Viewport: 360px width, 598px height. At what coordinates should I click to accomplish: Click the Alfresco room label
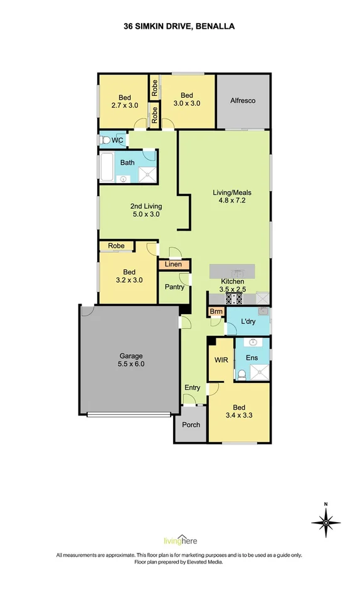(243, 100)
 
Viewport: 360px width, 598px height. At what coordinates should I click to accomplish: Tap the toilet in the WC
(104, 140)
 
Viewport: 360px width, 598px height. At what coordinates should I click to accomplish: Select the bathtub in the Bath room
(107, 167)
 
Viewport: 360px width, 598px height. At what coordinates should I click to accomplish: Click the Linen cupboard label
(173, 265)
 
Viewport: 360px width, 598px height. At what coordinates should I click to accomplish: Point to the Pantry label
(174, 287)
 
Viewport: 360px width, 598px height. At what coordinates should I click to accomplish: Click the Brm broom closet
(216, 312)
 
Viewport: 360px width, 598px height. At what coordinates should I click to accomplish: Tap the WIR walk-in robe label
(221, 360)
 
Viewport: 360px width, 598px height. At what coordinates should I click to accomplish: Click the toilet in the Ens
(241, 375)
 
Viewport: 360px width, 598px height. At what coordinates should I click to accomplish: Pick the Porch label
(191, 424)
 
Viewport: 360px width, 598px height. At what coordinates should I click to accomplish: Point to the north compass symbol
(326, 522)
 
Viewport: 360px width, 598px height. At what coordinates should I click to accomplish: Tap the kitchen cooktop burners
(233, 299)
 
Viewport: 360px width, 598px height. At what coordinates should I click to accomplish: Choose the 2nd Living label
(146, 206)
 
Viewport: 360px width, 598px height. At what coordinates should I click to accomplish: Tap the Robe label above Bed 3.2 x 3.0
(116, 246)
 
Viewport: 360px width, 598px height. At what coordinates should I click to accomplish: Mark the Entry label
(192, 388)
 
